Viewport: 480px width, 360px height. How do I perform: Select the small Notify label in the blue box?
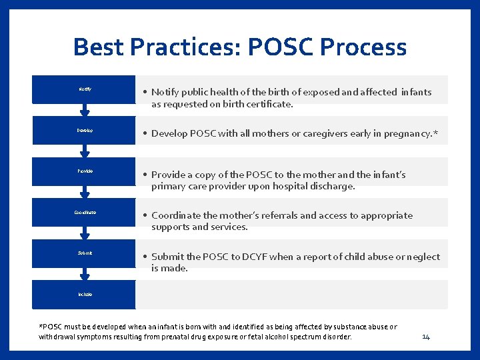85,89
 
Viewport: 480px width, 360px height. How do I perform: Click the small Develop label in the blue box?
85,131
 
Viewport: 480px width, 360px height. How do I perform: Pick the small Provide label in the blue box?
85,171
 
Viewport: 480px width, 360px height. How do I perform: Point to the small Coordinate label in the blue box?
85,212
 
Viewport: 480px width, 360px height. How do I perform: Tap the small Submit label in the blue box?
85,253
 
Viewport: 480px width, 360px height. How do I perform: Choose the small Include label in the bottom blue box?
85,294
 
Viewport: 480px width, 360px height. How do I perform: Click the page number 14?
426,337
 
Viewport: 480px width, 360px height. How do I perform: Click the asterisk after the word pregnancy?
435,133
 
